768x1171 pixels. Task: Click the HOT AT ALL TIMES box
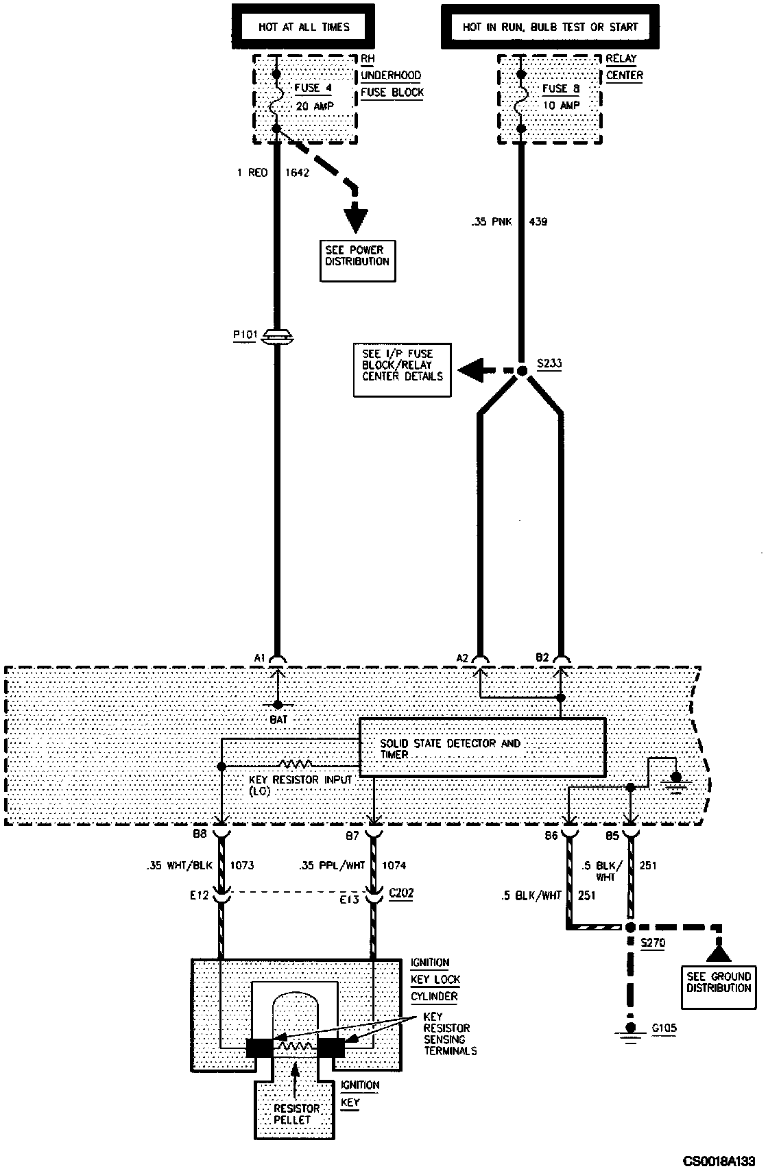click(x=304, y=27)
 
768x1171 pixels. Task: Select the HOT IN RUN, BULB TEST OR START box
click(x=550, y=27)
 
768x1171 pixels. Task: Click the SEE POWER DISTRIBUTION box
click(x=357, y=261)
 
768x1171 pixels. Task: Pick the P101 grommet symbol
click(x=277, y=337)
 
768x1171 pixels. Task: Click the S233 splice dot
click(x=521, y=371)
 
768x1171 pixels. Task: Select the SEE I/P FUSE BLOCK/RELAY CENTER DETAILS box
click(x=403, y=370)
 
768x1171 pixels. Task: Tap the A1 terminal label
click(x=259, y=658)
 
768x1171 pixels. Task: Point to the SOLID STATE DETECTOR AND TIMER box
click(x=482, y=747)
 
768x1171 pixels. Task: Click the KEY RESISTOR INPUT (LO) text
click(x=301, y=786)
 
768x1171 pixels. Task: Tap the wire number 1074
click(x=394, y=865)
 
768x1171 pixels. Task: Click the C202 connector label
click(x=401, y=893)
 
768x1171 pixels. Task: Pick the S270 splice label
click(x=652, y=943)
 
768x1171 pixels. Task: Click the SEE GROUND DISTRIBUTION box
click(x=719, y=982)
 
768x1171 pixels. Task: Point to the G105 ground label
click(x=662, y=1028)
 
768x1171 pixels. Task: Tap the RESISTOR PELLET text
click(x=296, y=1113)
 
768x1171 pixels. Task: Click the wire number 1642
click(x=297, y=173)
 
